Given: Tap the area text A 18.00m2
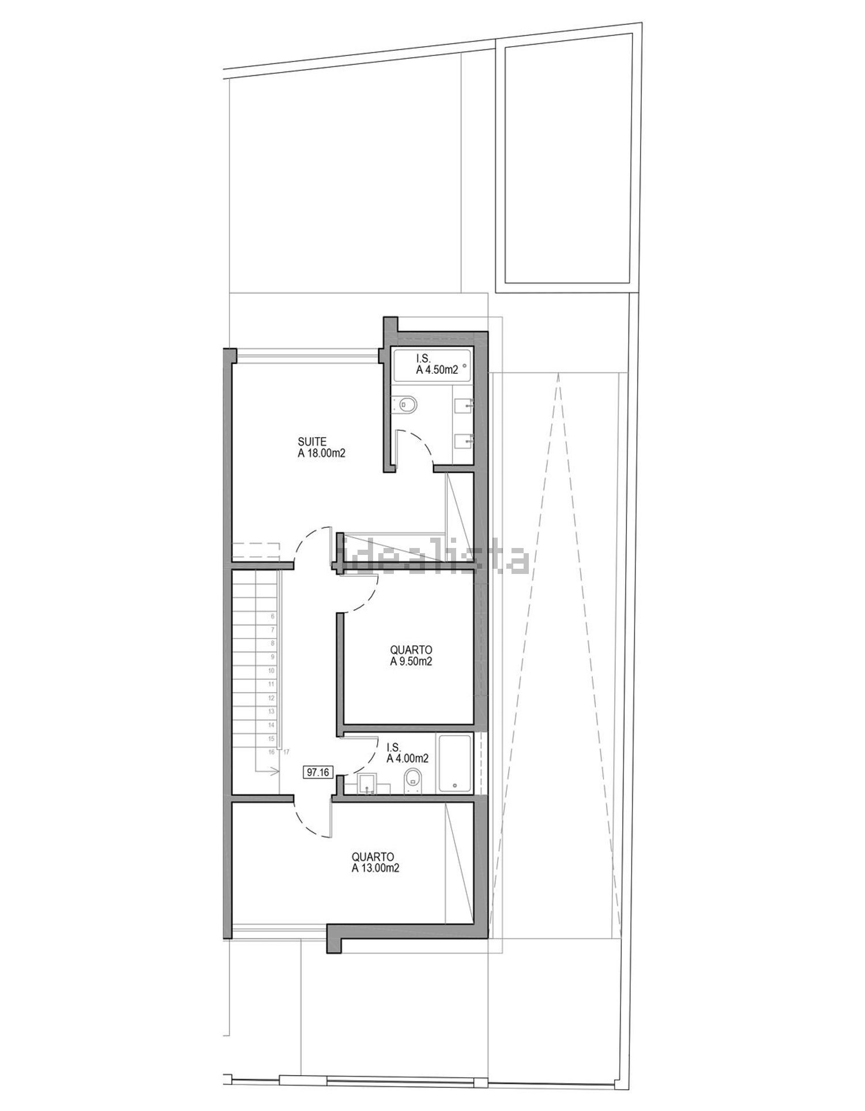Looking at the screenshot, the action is point(321,453).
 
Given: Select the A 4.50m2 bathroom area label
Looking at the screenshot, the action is point(437,370).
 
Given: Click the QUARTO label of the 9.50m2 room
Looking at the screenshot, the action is point(411,651).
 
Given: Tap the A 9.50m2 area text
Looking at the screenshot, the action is point(411,662).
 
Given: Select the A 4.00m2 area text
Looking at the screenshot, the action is point(407,759).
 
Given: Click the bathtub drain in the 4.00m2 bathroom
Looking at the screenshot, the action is point(455,785).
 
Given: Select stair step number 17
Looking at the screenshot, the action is point(285,752).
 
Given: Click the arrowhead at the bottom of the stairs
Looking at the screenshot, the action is point(276,771).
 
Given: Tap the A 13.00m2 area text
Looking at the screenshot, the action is point(375,868).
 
